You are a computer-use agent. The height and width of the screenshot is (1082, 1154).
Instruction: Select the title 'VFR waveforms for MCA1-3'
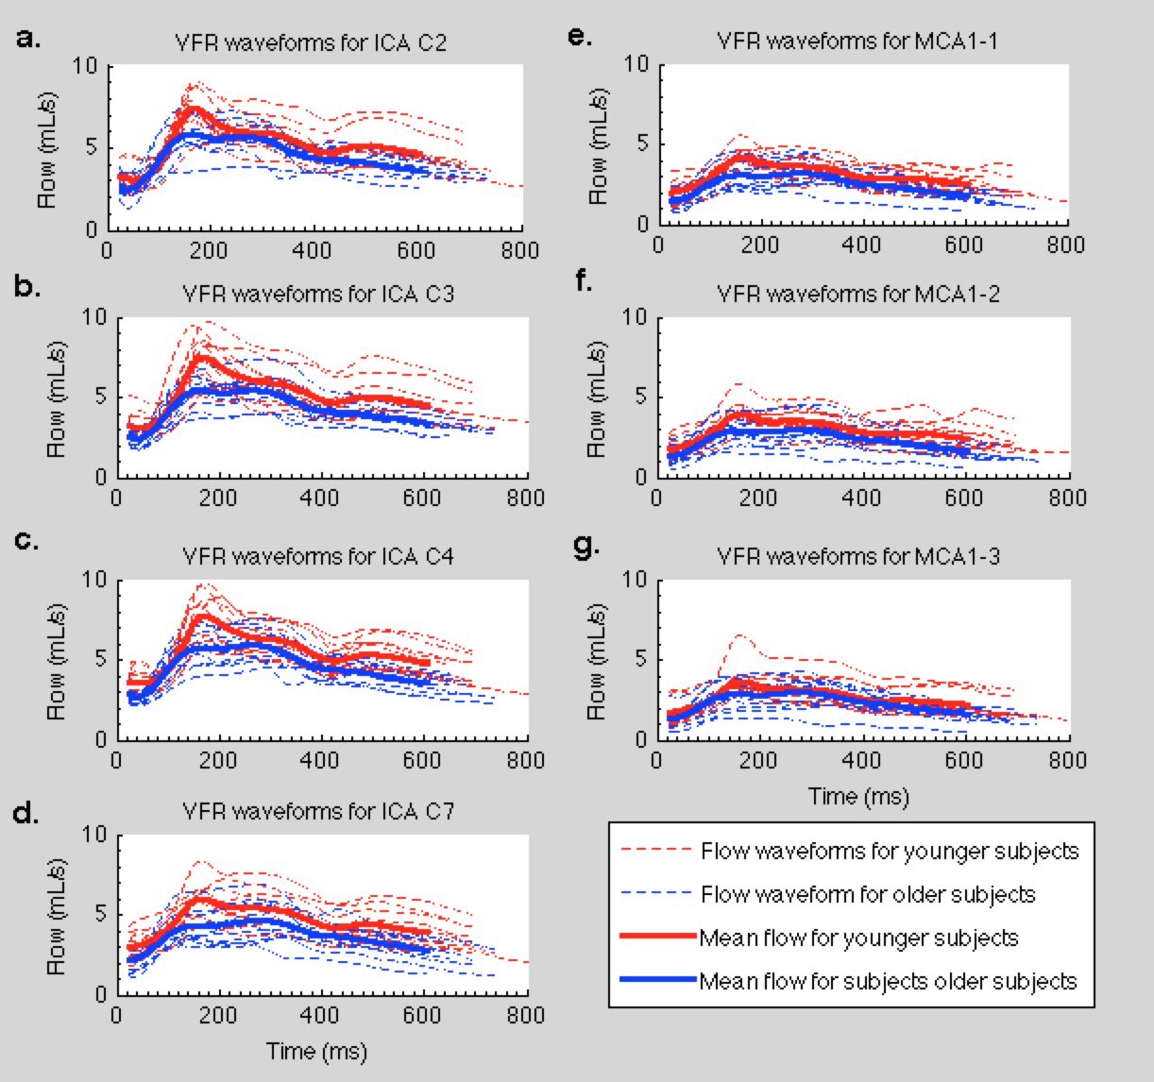coord(858,556)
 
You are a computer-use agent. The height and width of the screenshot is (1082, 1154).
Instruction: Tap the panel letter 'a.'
coord(28,39)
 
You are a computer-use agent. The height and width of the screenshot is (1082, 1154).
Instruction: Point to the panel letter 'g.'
coord(585,548)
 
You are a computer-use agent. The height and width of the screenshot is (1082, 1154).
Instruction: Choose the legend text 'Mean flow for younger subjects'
coord(858,938)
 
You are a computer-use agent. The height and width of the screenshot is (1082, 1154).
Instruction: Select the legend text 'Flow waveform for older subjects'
coord(868,894)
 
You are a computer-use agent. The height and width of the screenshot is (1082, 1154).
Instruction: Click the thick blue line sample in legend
coord(658,981)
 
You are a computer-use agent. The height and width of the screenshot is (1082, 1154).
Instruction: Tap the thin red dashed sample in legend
coord(658,852)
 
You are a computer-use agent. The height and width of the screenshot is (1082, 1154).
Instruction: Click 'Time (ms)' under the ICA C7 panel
coord(316,1051)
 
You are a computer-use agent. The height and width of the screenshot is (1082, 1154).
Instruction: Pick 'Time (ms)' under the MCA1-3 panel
coord(858,796)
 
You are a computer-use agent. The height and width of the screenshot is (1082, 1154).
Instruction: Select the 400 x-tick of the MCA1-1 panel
coord(861,245)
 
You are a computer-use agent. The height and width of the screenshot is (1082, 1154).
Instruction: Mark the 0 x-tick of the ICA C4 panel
coord(117,761)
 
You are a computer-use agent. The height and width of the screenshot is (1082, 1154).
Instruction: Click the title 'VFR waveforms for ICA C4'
coord(318,556)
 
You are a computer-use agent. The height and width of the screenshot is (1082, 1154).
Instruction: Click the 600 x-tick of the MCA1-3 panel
coord(963,761)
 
